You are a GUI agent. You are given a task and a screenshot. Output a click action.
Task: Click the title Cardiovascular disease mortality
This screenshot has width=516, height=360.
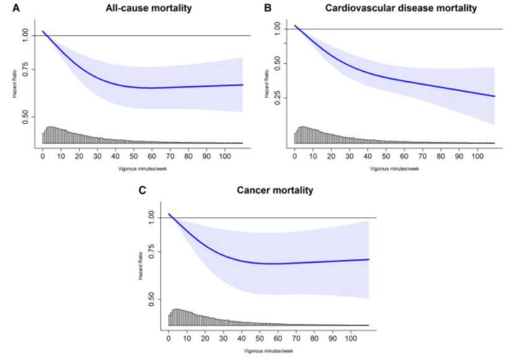pos(401,8)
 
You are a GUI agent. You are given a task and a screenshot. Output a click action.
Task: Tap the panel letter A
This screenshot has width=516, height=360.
pos(7,8)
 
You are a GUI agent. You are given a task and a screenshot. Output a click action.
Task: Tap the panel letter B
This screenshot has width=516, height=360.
pos(268,8)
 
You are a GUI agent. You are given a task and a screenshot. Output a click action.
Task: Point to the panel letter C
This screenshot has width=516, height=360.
pos(142,191)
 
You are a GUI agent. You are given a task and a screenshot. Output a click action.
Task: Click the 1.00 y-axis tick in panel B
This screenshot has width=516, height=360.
pos(278,29)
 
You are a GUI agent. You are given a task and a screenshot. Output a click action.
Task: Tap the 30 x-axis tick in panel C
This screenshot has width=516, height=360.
pos(223,340)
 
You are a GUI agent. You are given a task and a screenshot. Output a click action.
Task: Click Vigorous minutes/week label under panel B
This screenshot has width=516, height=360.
pos(394,168)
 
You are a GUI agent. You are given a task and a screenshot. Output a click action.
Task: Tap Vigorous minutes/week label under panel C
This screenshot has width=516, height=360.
pos(268,351)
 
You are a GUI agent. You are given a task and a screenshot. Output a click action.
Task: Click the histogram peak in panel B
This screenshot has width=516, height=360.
pos(303,127)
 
